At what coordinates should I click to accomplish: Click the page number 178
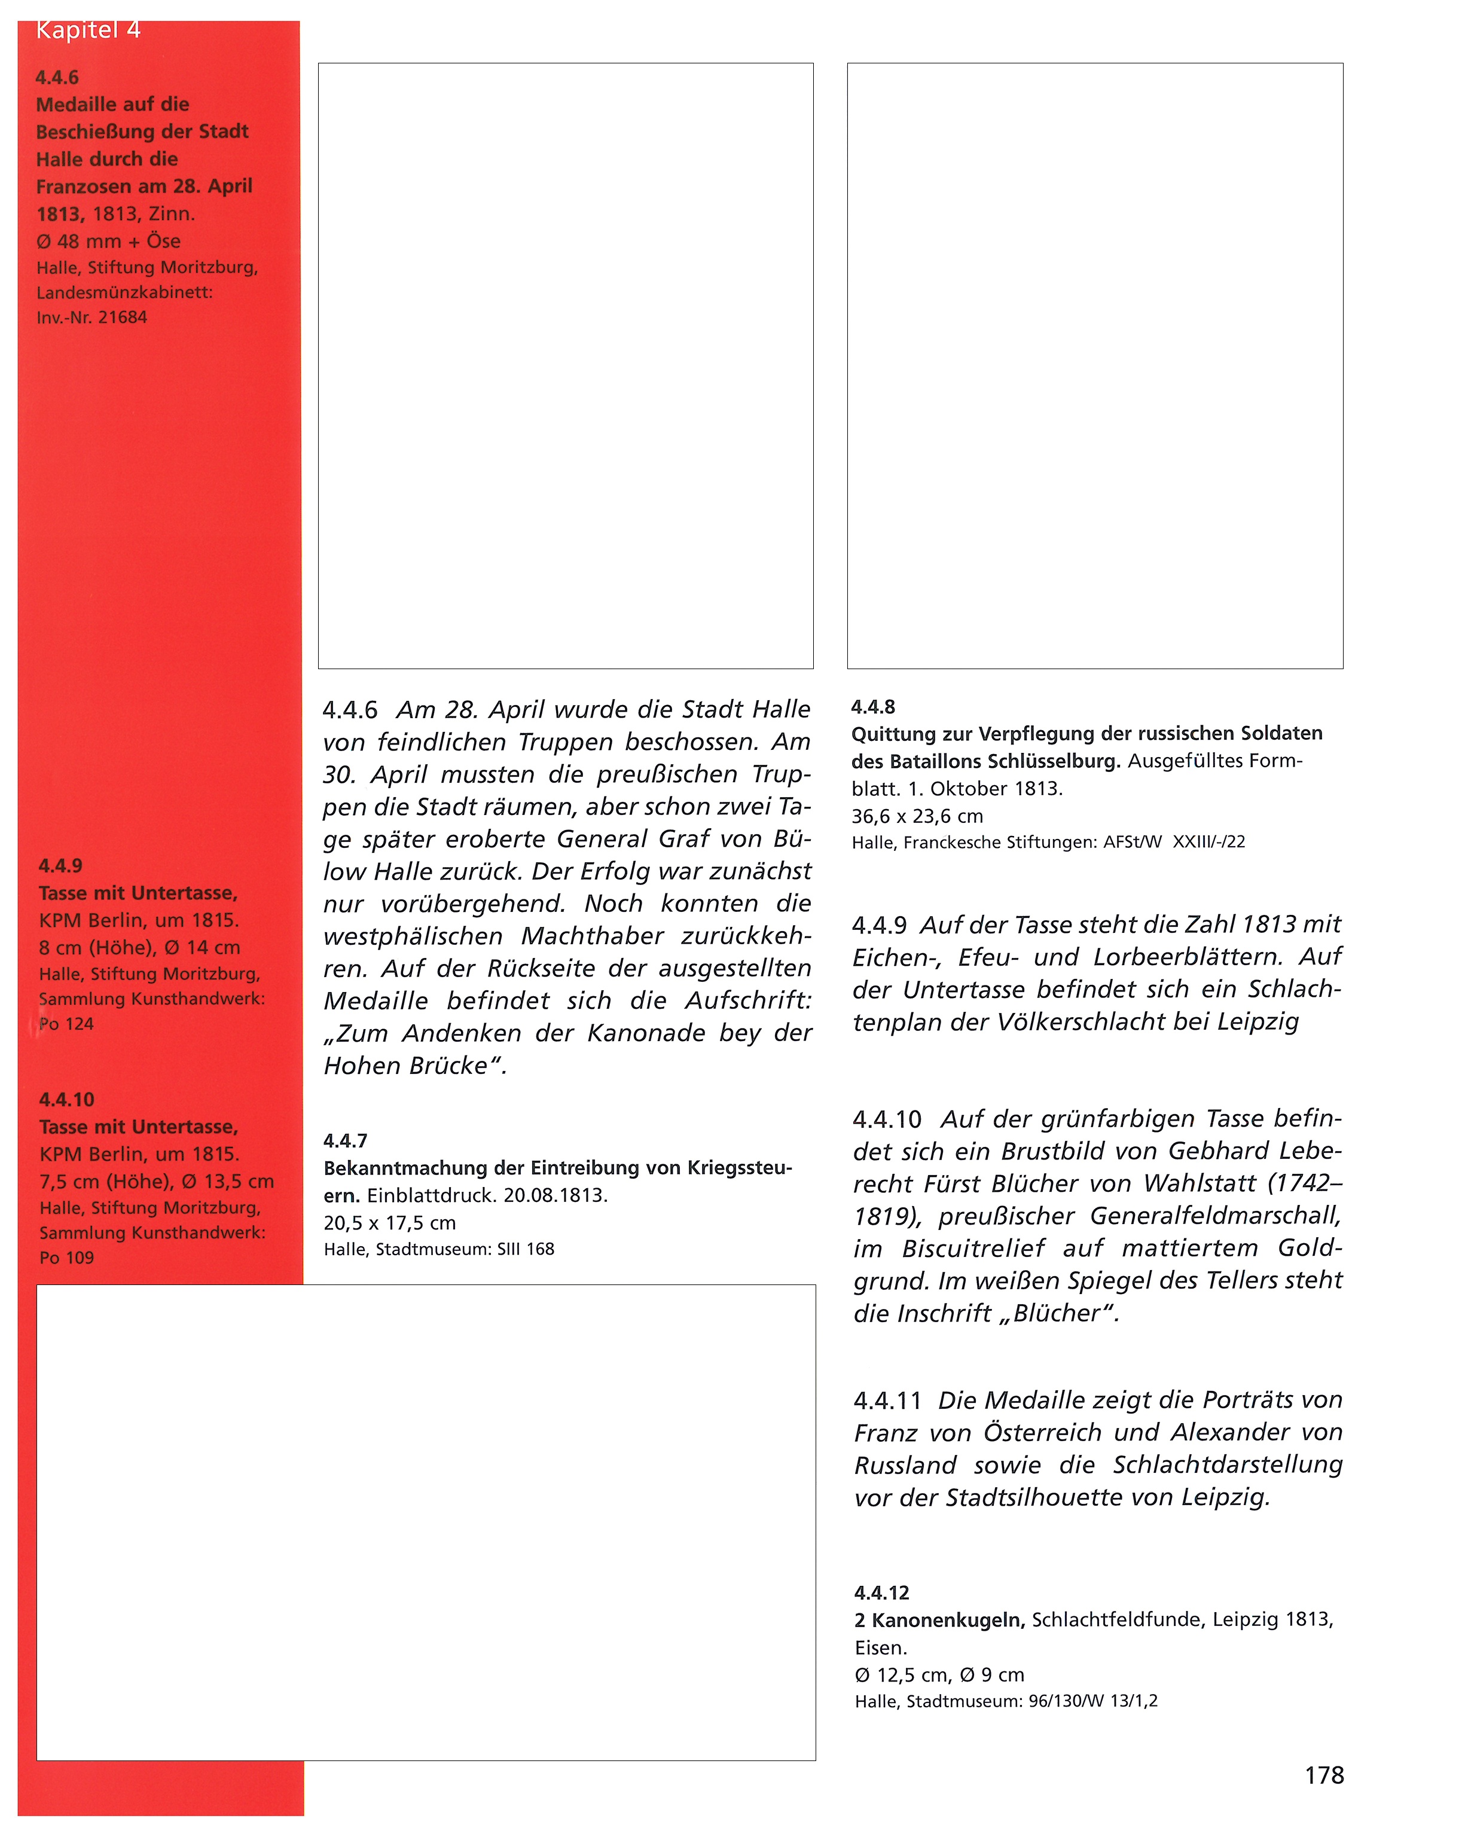(x=1323, y=1775)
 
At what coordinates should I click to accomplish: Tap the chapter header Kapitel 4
(x=88, y=30)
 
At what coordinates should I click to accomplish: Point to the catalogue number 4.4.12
(x=882, y=1592)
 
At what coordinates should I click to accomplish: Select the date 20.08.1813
(x=555, y=1195)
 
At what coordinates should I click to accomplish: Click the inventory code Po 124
(x=66, y=1024)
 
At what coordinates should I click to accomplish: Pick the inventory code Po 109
(x=66, y=1258)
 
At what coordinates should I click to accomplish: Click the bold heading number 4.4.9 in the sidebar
(x=60, y=866)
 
